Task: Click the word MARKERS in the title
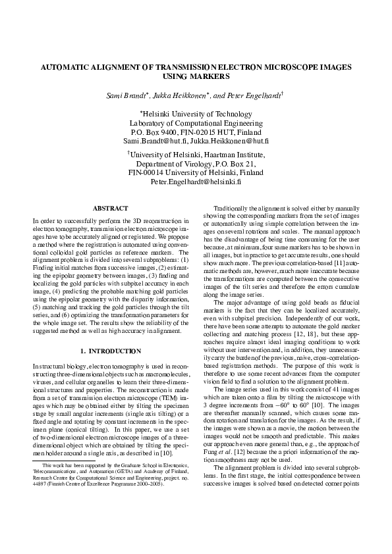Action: pos(196,77)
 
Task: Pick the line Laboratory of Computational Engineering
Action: pos(196,122)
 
